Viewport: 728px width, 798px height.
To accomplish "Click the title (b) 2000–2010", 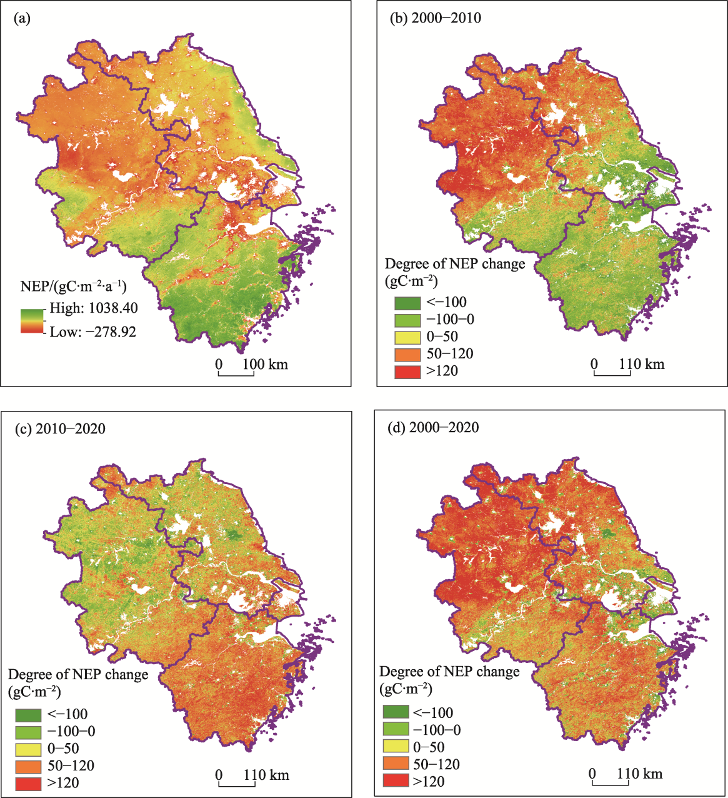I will (x=436, y=18).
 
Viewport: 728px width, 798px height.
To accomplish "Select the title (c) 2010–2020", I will (x=60, y=428).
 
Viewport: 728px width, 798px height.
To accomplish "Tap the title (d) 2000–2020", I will (x=434, y=427).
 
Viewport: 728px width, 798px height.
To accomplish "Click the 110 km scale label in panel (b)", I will (x=641, y=364).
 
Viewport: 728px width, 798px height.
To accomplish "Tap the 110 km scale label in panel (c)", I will (x=266, y=775).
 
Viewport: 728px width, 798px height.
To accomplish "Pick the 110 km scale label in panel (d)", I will (x=639, y=774).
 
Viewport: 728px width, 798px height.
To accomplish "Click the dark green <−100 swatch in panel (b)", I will (x=407, y=303).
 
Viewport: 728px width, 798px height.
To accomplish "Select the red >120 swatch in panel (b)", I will (x=407, y=371).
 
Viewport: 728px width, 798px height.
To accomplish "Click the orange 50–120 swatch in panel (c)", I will (x=28, y=766).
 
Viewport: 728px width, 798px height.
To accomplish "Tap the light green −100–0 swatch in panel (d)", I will (x=395, y=730).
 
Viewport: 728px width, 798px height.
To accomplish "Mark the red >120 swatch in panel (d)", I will (x=395, y=781).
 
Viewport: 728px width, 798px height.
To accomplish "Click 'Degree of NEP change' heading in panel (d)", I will (x=449, y=672).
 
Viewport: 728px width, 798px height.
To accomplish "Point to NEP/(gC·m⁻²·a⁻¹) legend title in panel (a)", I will (x=73, y=286).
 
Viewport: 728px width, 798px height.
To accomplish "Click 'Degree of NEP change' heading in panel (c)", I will (x=78, y=675).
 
